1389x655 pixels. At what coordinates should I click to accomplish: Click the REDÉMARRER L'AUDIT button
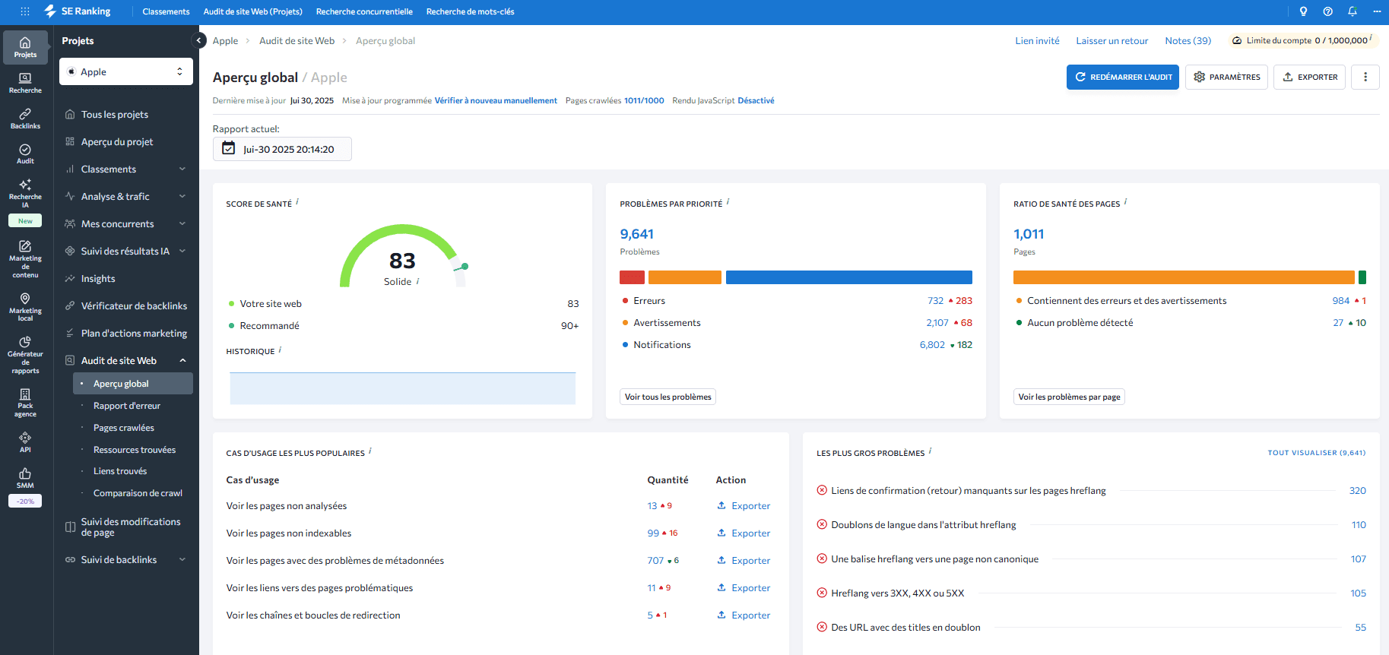(x=1122, y=77)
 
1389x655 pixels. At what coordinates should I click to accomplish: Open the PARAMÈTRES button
(x=1226, y=77)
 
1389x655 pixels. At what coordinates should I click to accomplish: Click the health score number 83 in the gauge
(x=402, y=261)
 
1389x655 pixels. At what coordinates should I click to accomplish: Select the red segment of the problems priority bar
(x=632, y=277)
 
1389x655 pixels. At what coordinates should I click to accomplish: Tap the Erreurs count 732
(x=935, y=301)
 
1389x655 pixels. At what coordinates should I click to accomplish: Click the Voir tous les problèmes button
(x=668, y=397)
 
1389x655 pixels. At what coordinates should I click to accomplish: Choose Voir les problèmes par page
(x=1069, y=397)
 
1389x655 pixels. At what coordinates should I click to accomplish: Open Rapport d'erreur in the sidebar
(x=127, y=406)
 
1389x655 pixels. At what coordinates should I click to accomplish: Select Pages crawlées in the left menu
(x=124, y=428)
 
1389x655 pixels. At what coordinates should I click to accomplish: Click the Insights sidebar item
(x=98, y=279)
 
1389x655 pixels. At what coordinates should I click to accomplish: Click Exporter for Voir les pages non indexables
(x=744, y=533)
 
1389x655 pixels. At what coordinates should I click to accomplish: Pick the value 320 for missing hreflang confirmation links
(x=1357, y=491)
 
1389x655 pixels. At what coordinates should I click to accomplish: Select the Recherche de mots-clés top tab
(x=470, y=11)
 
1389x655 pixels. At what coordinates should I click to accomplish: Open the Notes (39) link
(x=1188, y=41)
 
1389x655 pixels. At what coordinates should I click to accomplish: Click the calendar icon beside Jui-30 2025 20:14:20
(x=229, y=149)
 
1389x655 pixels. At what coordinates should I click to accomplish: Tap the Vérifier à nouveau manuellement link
(x=496, y=100)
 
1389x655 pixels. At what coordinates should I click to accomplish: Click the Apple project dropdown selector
(x=126, y=72)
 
